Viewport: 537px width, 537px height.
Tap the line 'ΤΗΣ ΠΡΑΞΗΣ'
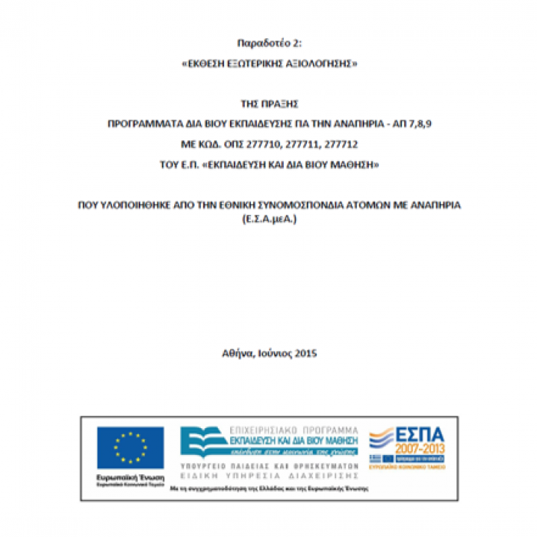[268, 103]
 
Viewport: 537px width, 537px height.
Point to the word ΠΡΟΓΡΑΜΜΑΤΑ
[141, 124]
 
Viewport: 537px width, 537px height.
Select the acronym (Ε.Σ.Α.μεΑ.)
[268, 219]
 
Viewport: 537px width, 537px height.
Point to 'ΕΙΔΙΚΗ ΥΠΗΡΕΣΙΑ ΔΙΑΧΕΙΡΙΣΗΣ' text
[268, 475]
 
